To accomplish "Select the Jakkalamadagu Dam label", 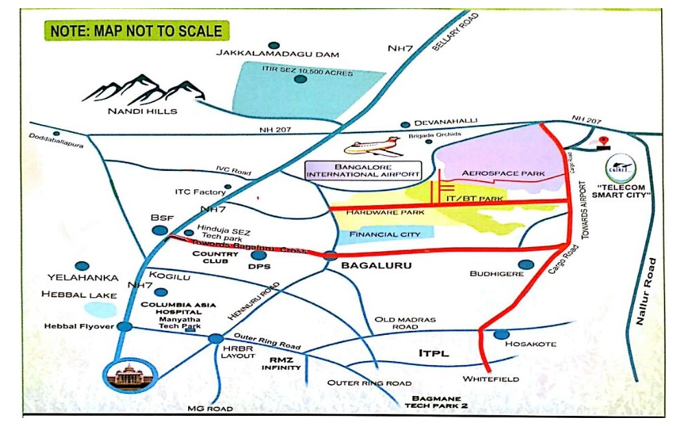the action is (x=277, y=54).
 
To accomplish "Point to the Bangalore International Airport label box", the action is (x=363, y=170).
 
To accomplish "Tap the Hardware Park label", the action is (x=384, y=213).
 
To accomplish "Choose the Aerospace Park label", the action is (x=503, y=174).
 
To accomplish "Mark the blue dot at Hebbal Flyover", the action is (x=124, y=326).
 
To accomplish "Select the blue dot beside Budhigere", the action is (x=527, y=265).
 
